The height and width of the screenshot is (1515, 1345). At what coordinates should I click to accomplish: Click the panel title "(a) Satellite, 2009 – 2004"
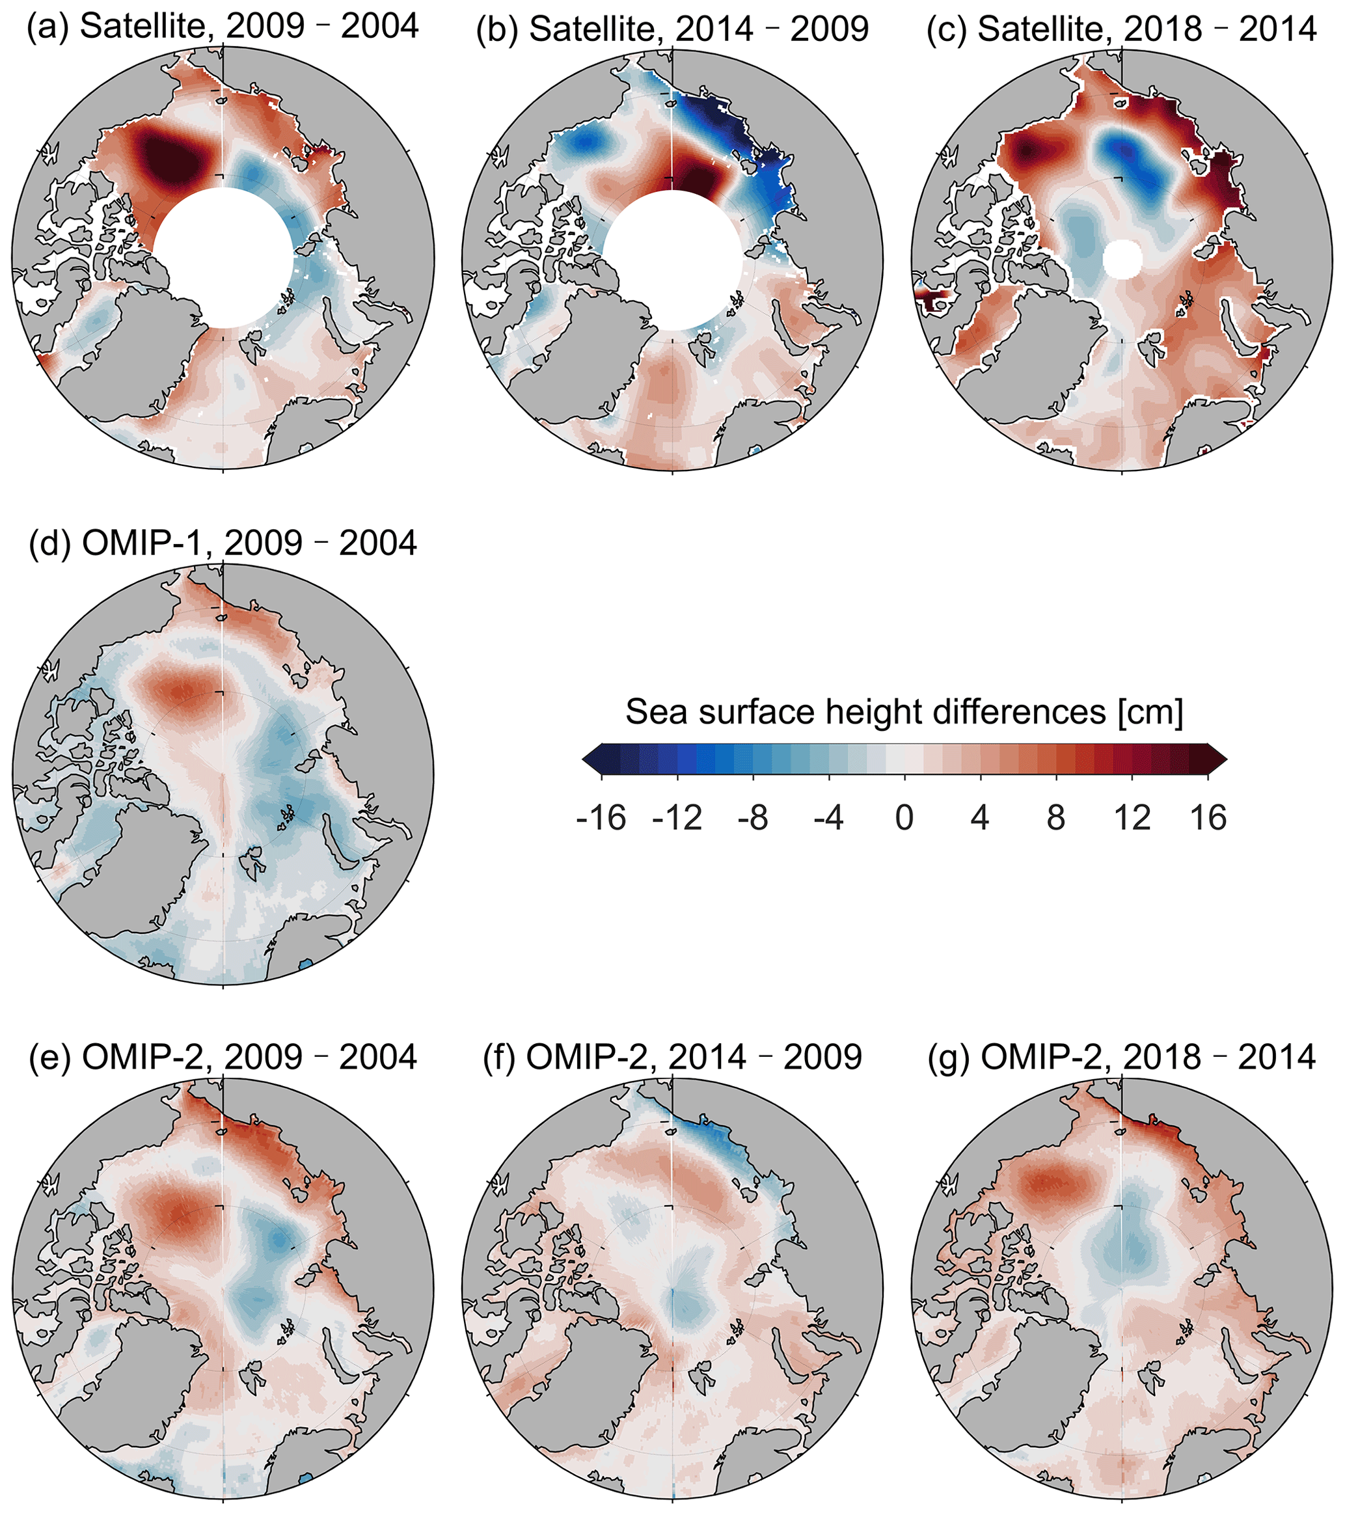223,27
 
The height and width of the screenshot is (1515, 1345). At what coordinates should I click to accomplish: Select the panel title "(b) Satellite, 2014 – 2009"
672,27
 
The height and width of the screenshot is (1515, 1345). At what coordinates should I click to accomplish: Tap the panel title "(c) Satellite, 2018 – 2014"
1121,27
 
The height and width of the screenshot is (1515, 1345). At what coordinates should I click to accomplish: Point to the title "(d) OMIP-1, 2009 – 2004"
223,543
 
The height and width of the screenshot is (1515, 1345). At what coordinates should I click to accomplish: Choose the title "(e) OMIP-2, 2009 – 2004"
223,1057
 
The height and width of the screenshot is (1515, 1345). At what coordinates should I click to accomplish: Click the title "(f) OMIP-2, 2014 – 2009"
672,1057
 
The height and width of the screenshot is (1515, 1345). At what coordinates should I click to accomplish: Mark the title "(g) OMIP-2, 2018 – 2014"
1121,1057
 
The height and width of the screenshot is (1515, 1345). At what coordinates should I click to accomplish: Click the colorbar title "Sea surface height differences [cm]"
904,711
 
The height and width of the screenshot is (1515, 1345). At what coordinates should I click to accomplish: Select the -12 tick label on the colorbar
677,818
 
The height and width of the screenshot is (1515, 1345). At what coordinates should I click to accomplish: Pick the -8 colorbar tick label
753,818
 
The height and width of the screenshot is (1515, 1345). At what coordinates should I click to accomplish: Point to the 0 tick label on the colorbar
904,818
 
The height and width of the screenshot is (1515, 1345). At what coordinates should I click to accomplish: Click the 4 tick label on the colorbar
981,818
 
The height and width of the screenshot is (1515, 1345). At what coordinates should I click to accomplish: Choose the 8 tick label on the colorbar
1056,818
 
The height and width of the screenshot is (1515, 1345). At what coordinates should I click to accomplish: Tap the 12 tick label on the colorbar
1132,818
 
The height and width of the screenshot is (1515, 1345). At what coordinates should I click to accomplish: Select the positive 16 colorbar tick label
1208,818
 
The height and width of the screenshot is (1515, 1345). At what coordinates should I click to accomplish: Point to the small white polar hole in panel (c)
1122,260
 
